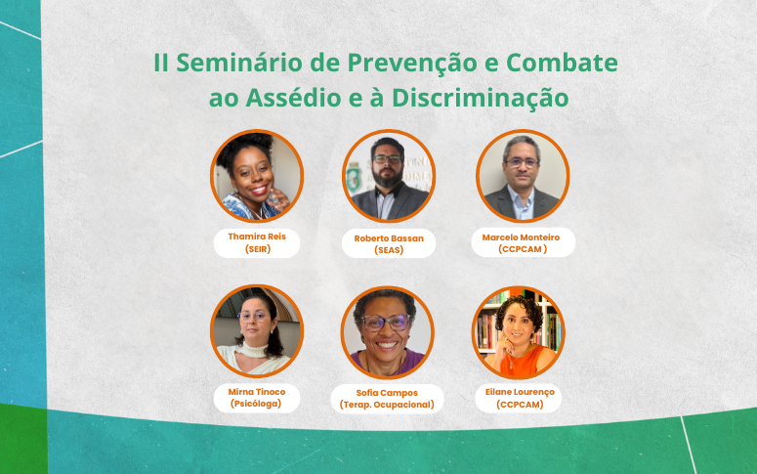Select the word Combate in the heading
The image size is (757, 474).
[x=567, y=63]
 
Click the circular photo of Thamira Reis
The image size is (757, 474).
[x=257, y=176]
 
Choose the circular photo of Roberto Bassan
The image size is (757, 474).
[x=389, y=176]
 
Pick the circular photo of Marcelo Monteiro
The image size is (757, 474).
[x=523, y=176]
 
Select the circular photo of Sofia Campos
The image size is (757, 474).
[x=387, y=332]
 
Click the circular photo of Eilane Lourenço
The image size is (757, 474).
[x=518, y=332]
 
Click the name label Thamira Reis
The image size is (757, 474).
[x=257, y=237]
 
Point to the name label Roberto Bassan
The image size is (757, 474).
[x=389, y=237]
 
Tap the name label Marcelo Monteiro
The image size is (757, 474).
[x=523, y=237]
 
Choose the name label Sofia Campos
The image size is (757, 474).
[x=387, y=393]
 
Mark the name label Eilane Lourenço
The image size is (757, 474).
[x=518, y=391]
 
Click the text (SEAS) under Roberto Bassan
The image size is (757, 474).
[x=389, y=250]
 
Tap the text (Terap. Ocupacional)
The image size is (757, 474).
[x=387, y=405]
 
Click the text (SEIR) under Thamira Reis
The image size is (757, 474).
[x=257, y=249]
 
